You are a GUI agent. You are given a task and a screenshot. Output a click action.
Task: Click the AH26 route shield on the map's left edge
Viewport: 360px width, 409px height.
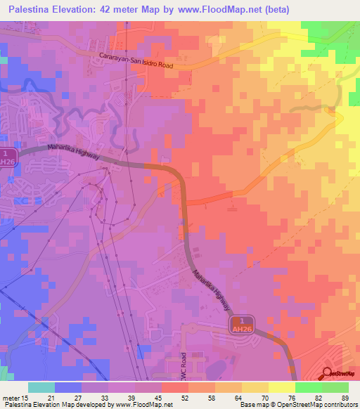[x=7, y=157]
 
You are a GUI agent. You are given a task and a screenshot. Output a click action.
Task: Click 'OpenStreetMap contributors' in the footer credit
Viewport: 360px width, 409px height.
[x=316, y=405]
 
